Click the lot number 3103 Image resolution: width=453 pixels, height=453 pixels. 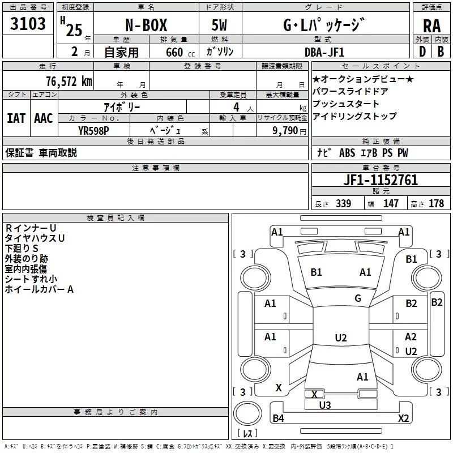pos(28,25)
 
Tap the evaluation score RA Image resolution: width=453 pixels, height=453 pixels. pos(431,27)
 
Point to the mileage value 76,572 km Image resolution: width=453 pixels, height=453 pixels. pos(67,81)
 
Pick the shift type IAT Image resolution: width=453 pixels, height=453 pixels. pos(16,118)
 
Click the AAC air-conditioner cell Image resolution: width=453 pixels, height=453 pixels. pos(44,118)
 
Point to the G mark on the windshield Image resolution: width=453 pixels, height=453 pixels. pos(358,298)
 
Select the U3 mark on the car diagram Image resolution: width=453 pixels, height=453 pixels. pos(325,405)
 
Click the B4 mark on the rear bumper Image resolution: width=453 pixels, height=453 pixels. pos(278,418)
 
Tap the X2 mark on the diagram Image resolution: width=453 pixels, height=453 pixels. pos(403,418)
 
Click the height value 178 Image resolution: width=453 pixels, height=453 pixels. pos(437,204)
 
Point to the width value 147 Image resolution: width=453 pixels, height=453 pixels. pos(391,204)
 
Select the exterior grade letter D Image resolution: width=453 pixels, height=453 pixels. pos(421,52)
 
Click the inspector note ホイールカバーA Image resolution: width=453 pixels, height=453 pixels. pos(40,289)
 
